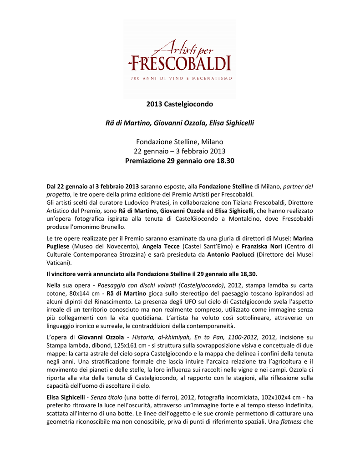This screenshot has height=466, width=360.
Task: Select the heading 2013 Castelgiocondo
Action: coord(180,104)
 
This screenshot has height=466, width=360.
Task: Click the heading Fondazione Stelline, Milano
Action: coord(180,142)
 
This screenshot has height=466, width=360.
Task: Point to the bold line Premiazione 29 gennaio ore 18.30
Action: coord(180,161)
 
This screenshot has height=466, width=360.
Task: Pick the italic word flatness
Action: coord(291,422)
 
